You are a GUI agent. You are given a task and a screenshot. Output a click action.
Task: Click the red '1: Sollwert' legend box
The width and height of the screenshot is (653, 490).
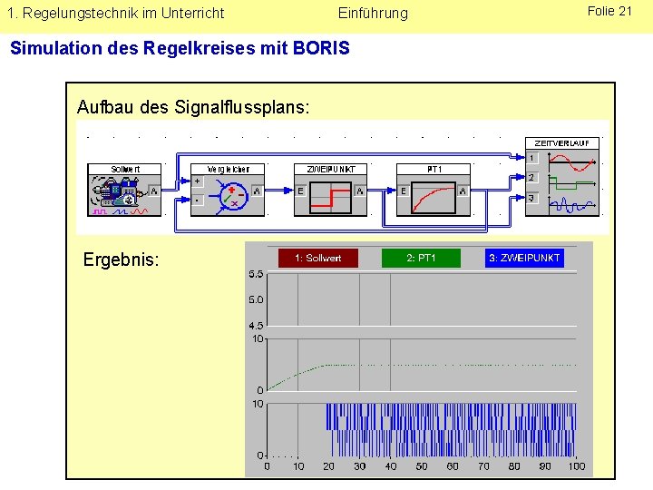(x=317, y=259)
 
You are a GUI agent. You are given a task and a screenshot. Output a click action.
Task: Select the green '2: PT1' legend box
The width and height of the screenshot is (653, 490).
(x=421, y=259)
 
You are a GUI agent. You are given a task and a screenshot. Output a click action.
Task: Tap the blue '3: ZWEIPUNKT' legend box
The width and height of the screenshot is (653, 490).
(x=524, y=259)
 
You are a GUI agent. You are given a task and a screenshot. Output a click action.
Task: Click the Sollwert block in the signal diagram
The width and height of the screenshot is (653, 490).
(x=125, y=190)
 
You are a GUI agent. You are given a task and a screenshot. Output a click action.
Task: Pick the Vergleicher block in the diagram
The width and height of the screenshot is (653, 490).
(x=229, y=190)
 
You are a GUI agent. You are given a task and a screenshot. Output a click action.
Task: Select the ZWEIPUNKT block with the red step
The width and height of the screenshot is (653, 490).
(x=331, y=190)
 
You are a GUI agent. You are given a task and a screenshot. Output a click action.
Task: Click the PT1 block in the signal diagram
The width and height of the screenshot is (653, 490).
(x=434, y=190)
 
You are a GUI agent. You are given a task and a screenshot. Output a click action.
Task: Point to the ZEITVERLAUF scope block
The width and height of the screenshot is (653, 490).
(x=562, y=177)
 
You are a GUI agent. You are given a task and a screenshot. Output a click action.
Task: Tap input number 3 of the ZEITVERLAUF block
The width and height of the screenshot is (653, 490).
(x=531, y=199)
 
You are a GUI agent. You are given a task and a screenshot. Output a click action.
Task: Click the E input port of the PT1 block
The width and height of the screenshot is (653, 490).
(x=404, y=191)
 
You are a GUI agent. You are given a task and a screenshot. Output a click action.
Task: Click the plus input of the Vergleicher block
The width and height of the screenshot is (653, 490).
(x=198, y=181)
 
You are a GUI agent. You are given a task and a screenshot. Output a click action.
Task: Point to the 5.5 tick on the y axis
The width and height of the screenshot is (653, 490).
(x=256, y=274)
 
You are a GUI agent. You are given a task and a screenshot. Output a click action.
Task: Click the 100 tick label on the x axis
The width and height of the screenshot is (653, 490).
(x=577, y=466)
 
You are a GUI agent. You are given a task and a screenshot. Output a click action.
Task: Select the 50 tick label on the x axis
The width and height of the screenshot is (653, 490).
(x=422, y=466)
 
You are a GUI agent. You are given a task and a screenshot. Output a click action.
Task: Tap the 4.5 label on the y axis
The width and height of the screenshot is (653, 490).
(x=256, y=326)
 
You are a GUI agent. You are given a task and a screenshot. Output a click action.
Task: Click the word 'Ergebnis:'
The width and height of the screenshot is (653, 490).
(x=121, y=260)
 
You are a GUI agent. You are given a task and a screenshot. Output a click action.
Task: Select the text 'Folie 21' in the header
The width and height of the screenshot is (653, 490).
(x=609, y=11)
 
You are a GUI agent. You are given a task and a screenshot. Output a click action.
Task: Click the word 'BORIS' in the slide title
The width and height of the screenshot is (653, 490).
(x=322, y=47)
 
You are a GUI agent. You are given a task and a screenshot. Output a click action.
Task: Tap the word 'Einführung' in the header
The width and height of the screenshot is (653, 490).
(x=373, y=13)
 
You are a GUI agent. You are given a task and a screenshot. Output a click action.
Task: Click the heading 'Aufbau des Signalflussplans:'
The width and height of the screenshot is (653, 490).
(x=193, y=107)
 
